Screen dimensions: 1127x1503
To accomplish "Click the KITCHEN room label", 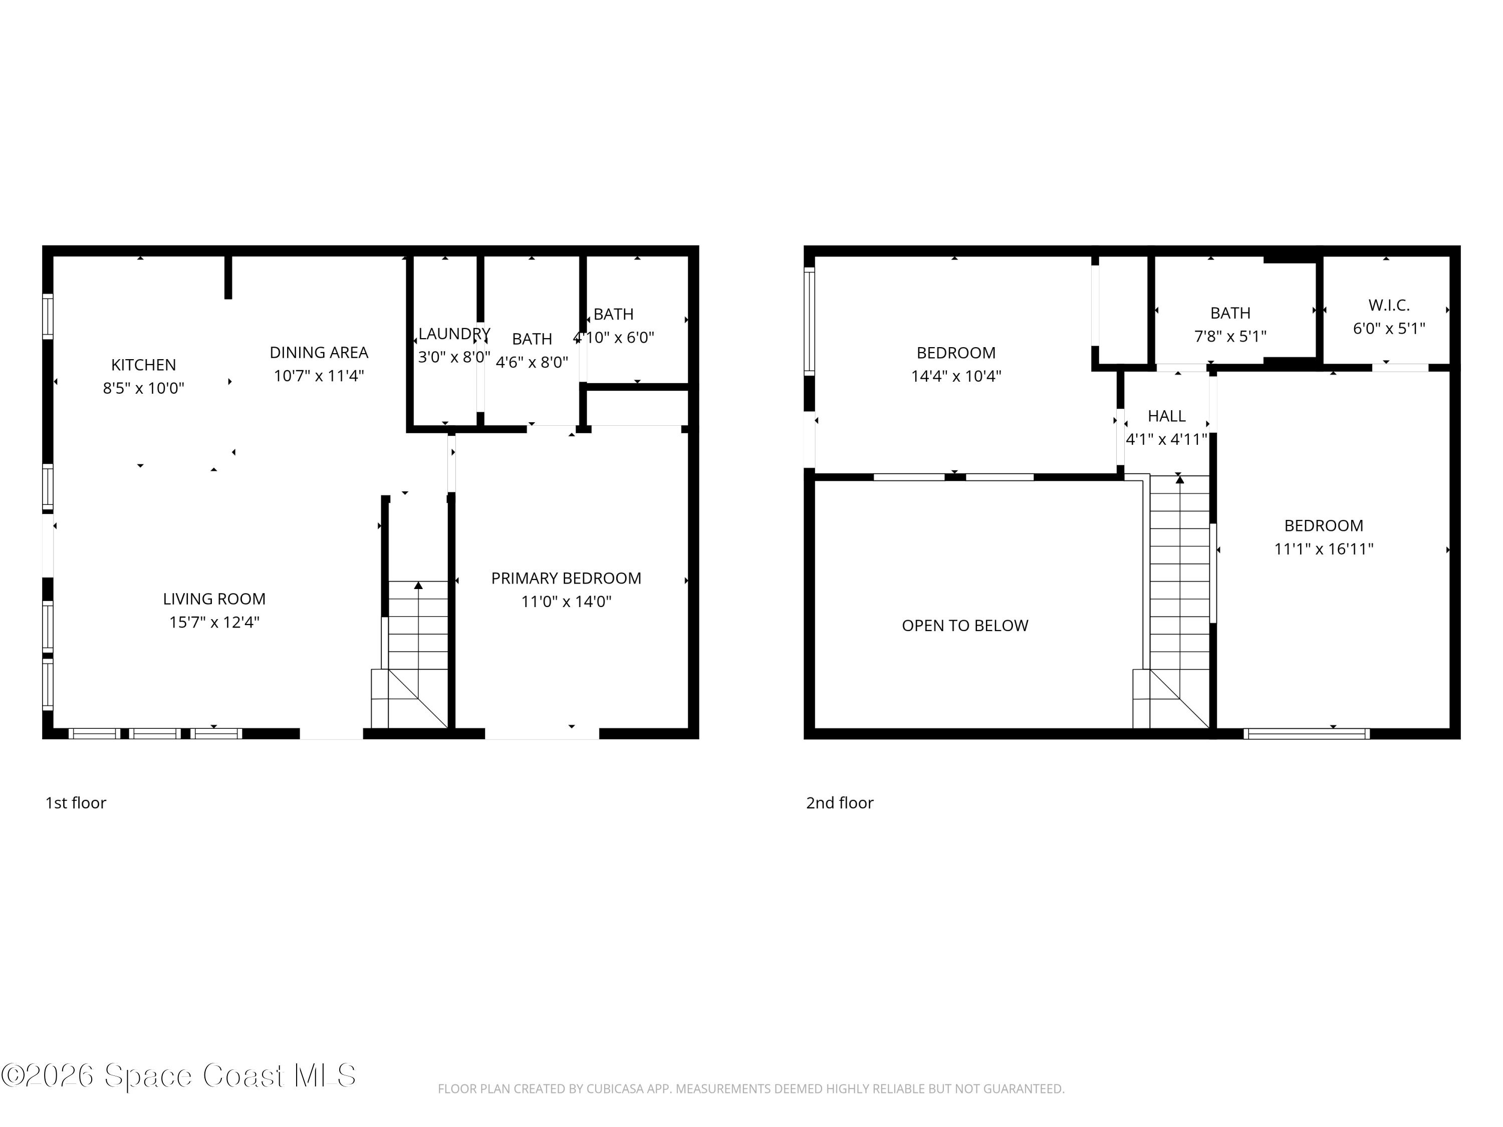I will [143, 365].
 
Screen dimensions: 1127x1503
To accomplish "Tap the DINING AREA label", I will [319, 353].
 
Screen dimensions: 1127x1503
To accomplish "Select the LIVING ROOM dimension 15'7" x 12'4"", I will [214, 622].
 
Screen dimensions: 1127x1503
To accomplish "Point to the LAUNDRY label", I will [454, 334].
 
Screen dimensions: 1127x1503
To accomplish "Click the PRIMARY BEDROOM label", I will [566, 578].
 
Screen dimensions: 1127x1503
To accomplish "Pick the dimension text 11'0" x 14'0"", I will [566, 601].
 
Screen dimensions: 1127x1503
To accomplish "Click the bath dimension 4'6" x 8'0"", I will [532, 362].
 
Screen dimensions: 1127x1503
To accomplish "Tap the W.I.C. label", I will [1389, 305].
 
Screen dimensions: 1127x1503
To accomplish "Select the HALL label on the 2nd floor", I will [1167, 416].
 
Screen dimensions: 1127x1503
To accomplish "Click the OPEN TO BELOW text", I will [965, 626].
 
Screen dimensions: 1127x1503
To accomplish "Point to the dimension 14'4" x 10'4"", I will [956, 376].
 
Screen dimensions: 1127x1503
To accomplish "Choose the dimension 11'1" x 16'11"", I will [1324, 549].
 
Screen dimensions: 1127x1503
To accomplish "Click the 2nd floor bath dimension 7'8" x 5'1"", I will [1230, 336].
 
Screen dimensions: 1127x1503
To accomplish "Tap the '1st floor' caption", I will [76, 803].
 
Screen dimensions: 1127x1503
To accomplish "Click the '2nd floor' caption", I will [839, 803].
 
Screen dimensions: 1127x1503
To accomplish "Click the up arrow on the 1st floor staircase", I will [418, 585].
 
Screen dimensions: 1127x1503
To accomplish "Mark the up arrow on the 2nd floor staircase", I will [1179, 480].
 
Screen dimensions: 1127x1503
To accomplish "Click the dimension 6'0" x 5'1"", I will [1389, 329].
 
